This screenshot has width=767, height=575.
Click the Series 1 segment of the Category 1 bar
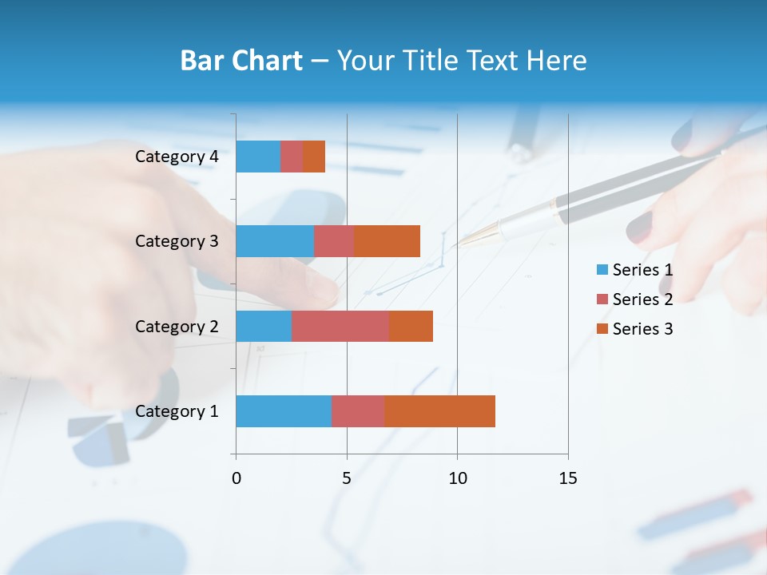pos(284,411)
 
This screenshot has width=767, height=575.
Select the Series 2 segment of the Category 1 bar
pos(358,411)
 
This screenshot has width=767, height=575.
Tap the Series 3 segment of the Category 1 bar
pos(439,411)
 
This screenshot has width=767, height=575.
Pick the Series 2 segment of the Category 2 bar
pos(340,326)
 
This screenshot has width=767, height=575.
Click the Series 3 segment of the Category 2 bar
pos(411,326)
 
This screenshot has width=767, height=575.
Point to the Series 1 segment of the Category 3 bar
pos(275,241)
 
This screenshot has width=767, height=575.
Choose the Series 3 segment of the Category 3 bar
pos(387,241)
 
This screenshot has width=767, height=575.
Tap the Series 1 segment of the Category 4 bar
pos(258,157)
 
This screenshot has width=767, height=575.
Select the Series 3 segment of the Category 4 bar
pos(314,157)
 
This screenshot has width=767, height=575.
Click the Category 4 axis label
pos(177,157)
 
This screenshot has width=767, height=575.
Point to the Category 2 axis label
pos(177,326)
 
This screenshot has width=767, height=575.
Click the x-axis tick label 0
pos(236,478)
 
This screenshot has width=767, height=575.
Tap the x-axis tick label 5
pos(347,478)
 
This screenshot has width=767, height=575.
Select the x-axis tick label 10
pos(457,478)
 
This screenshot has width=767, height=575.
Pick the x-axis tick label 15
pos(568,478)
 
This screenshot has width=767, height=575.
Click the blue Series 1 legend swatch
pos(602,270)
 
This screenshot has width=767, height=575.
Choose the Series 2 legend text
pos(642,299)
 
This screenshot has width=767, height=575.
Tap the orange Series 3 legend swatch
pos(602,329)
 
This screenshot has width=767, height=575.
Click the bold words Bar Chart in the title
pos(240,61)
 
